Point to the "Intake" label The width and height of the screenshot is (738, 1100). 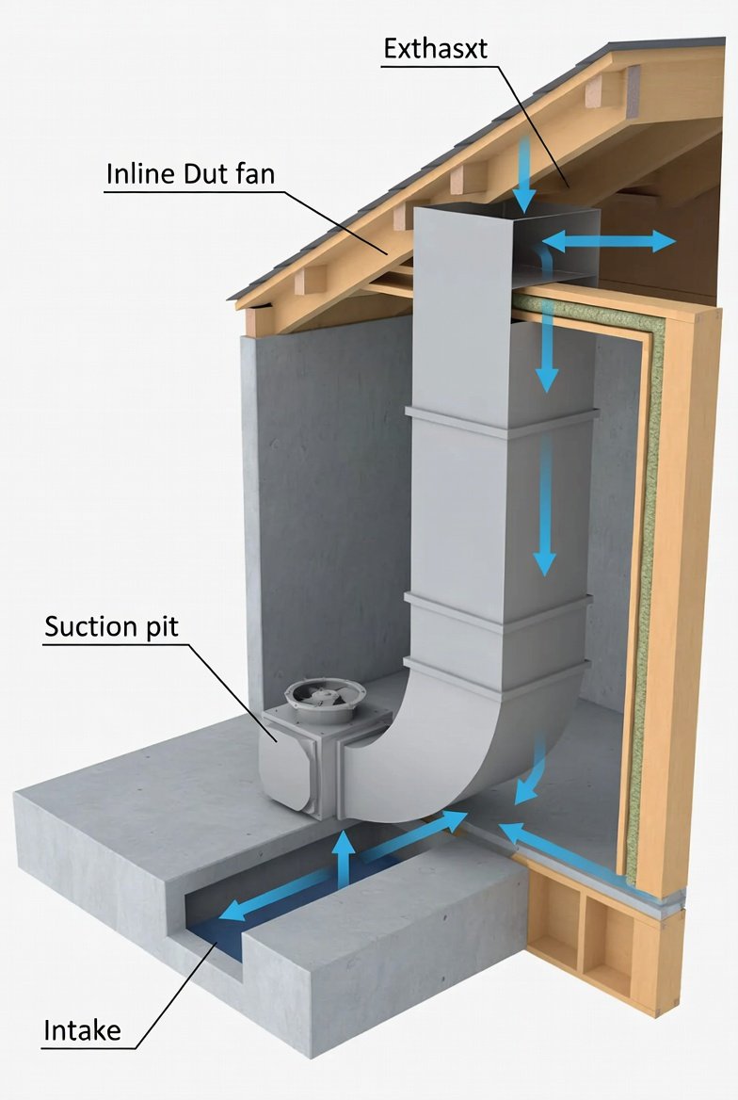[x=82, y=1030]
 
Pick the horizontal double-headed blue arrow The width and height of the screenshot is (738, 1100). [x=608, y=242]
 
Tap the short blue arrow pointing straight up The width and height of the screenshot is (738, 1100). [x=345, y=856]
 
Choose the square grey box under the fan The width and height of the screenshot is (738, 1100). [x=301, y=763]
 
